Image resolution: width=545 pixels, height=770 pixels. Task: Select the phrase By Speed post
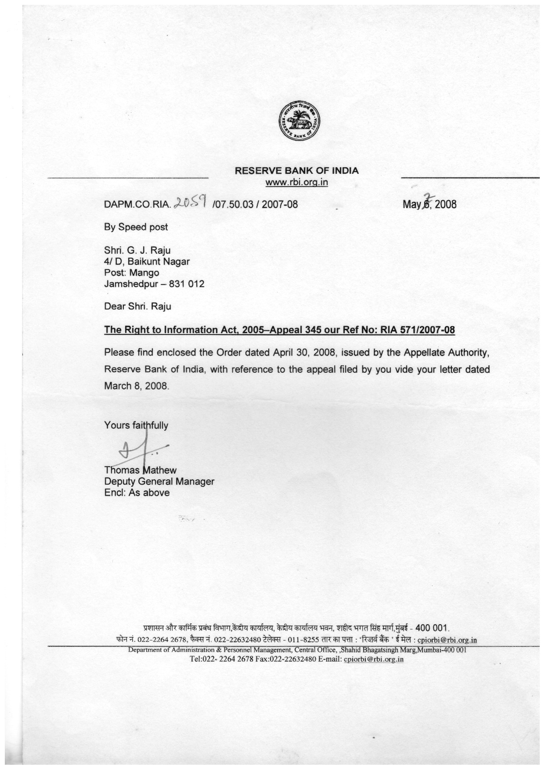(x=136, y=227)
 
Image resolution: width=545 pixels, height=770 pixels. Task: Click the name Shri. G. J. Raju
(x=137, y=250)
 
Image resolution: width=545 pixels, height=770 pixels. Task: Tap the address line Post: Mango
(x=131, y=273)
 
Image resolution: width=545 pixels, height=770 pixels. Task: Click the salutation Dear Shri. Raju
(x=137, y=306)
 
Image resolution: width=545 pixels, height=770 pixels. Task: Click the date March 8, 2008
(x=136, y=386)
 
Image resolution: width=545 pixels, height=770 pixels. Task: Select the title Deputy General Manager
(x=159, y=482)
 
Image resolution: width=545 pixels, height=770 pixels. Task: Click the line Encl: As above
(x=137, y=493)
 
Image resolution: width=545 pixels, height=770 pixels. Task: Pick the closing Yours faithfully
(x=136, y=425)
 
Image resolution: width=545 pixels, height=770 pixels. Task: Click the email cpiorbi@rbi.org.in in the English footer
(x=373, y=659)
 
